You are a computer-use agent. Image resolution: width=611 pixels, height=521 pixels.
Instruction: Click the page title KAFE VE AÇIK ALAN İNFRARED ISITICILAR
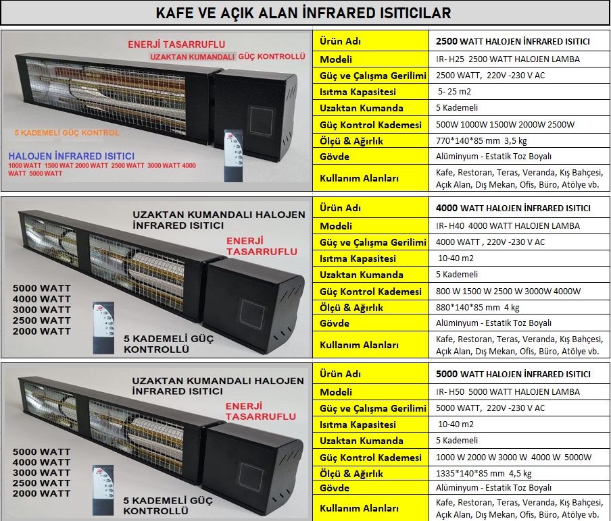303,13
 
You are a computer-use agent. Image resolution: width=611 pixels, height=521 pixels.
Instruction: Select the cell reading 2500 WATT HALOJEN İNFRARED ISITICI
513,41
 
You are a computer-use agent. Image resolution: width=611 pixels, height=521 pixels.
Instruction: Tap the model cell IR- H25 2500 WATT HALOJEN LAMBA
508,59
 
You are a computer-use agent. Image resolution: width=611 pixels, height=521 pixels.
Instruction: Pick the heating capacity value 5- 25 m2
454,91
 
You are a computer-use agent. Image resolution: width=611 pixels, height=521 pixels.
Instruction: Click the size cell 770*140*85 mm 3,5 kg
481,140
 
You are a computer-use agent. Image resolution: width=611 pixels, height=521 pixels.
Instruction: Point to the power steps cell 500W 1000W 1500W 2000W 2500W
505,124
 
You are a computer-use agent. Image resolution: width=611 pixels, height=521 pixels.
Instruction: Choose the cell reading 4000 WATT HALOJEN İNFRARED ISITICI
513,208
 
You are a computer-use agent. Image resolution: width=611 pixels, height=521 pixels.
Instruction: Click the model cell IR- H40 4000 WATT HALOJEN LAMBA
508,225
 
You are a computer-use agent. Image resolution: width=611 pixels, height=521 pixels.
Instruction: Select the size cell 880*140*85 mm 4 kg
477,307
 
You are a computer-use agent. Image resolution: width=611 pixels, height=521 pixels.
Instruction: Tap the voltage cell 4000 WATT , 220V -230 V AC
490,242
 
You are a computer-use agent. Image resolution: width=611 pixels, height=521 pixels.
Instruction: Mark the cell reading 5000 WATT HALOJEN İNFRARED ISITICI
513,374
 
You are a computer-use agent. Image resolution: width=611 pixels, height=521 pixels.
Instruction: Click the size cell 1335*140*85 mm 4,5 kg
483,474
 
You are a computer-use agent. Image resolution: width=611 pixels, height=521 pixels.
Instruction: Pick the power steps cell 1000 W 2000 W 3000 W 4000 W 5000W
514,457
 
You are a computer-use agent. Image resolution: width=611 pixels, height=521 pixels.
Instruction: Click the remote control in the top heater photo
233,156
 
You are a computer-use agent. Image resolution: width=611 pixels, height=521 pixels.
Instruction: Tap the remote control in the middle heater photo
103,327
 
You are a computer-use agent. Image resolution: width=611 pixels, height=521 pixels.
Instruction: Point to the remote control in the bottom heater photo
103,490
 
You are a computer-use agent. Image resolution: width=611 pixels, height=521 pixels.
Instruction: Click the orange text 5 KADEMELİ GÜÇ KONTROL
67,133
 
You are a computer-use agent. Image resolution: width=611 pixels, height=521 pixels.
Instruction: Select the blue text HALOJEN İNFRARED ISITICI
72,156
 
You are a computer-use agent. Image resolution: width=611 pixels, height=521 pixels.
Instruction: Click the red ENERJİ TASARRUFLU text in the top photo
176,44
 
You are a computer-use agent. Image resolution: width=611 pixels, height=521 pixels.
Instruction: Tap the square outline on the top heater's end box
262,120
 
